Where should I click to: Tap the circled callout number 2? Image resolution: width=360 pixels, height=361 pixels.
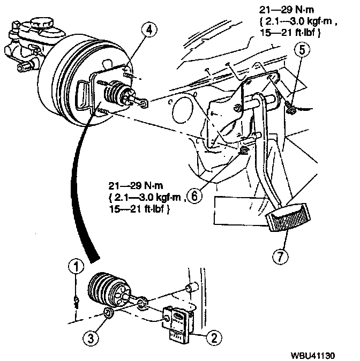214,337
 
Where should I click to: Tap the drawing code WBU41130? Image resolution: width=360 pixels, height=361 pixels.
319,355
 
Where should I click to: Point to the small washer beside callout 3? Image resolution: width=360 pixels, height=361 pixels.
107,313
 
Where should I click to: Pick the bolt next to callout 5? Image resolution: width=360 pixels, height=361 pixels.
290,107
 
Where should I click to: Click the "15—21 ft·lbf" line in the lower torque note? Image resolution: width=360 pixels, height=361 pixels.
140,209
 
